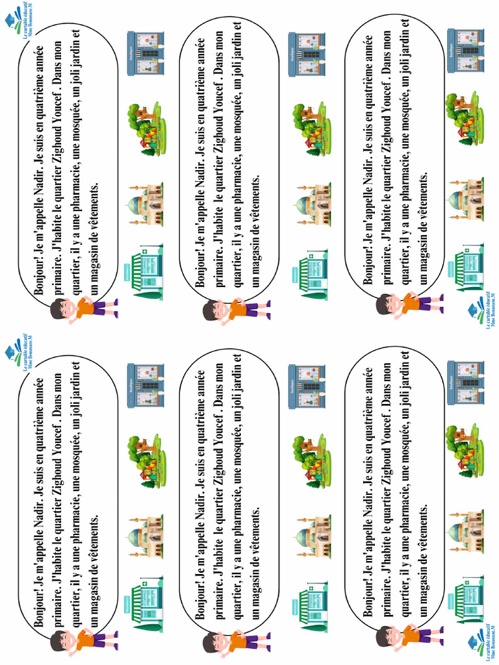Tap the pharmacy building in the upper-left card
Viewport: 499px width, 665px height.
[147, 273]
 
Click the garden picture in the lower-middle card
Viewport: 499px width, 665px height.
[311, 461]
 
